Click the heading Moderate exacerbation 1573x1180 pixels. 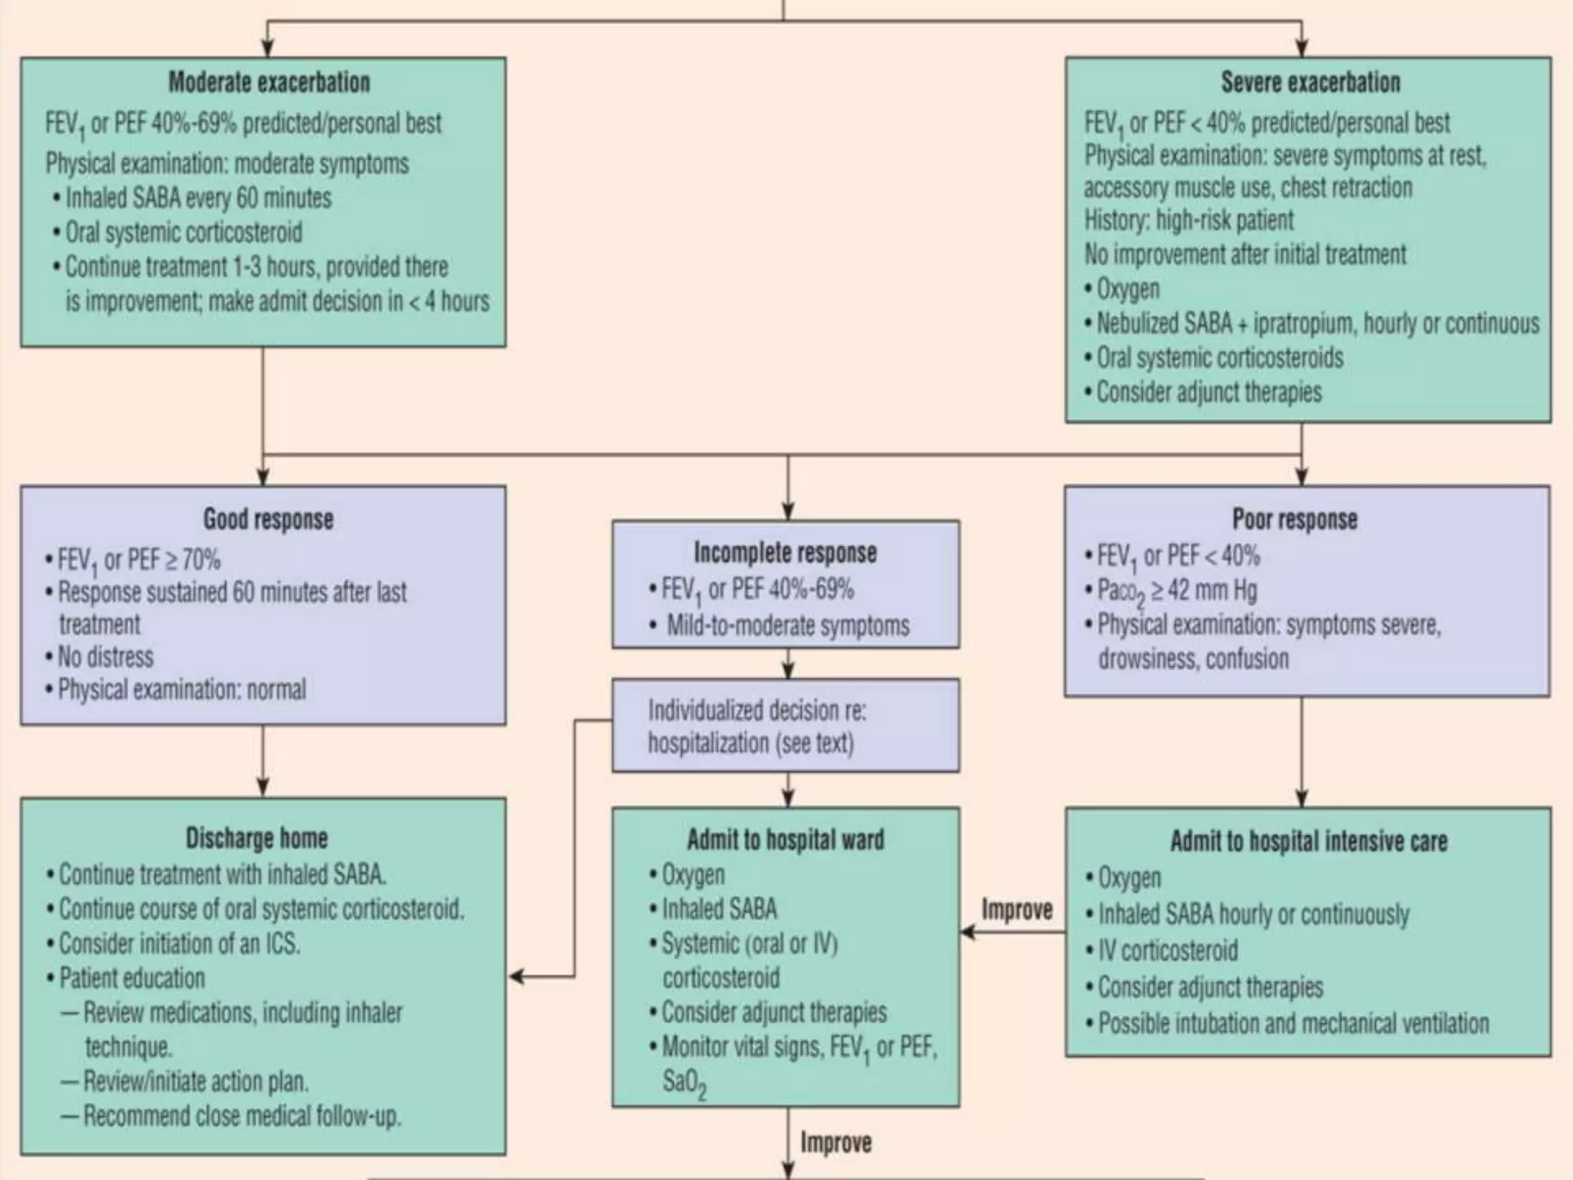coord(269,82)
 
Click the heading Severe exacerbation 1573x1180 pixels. coord(1310,82)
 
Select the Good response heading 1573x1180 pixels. coord(268,519)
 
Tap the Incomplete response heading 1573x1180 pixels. coord(785,552)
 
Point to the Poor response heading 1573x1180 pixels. coord(1295,519)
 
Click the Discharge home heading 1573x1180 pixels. coord(257,837)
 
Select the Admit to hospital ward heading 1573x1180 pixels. coord(785,840)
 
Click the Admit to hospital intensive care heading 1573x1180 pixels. coord(1309,841)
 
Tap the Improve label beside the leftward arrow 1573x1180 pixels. coord(1017,910)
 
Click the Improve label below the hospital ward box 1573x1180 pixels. coord(836,1142)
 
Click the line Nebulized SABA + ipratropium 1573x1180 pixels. coord(1317,323)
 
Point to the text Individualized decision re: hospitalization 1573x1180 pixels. coord(757,727)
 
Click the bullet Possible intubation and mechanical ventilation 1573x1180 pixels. coord(1293,1023)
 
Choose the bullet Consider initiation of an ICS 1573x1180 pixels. coord(179,943)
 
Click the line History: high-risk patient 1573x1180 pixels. coord(1188,220)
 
